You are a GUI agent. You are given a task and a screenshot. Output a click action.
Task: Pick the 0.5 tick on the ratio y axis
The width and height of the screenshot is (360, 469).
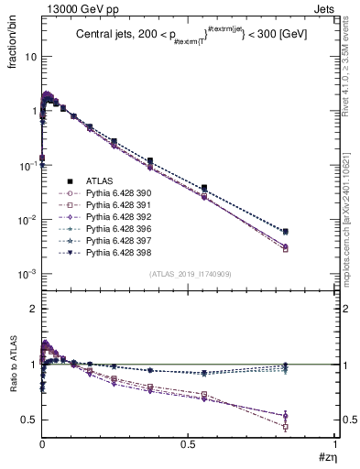pyautogui.click(x=28, y=420)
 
